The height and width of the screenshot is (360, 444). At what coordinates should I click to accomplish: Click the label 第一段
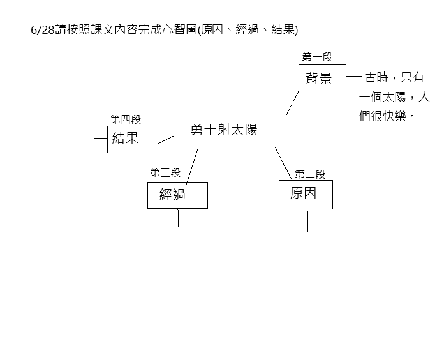click(317, 57)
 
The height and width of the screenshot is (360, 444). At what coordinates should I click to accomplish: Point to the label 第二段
click(310, 174)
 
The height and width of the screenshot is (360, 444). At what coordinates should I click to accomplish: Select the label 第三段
click(165, 172)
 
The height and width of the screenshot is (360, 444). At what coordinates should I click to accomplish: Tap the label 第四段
click(126, 119)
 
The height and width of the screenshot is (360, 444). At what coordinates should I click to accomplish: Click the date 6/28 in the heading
click(43, 30)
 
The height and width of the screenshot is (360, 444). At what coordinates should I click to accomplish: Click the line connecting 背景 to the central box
click(293, 103)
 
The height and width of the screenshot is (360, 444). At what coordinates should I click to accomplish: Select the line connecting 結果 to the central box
click(165, 140)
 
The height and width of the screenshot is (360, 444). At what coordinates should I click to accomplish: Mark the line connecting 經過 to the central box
click(192, 166)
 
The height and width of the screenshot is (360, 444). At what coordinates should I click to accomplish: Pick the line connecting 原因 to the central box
click(283, 163)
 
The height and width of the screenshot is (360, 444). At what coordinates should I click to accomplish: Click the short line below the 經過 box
click(178, 218)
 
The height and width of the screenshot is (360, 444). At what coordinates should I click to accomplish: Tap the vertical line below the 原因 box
click(307, 220)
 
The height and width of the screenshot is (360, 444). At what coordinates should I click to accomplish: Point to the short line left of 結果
click(100, 139)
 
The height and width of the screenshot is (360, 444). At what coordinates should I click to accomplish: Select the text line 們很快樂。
click(387, 116)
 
